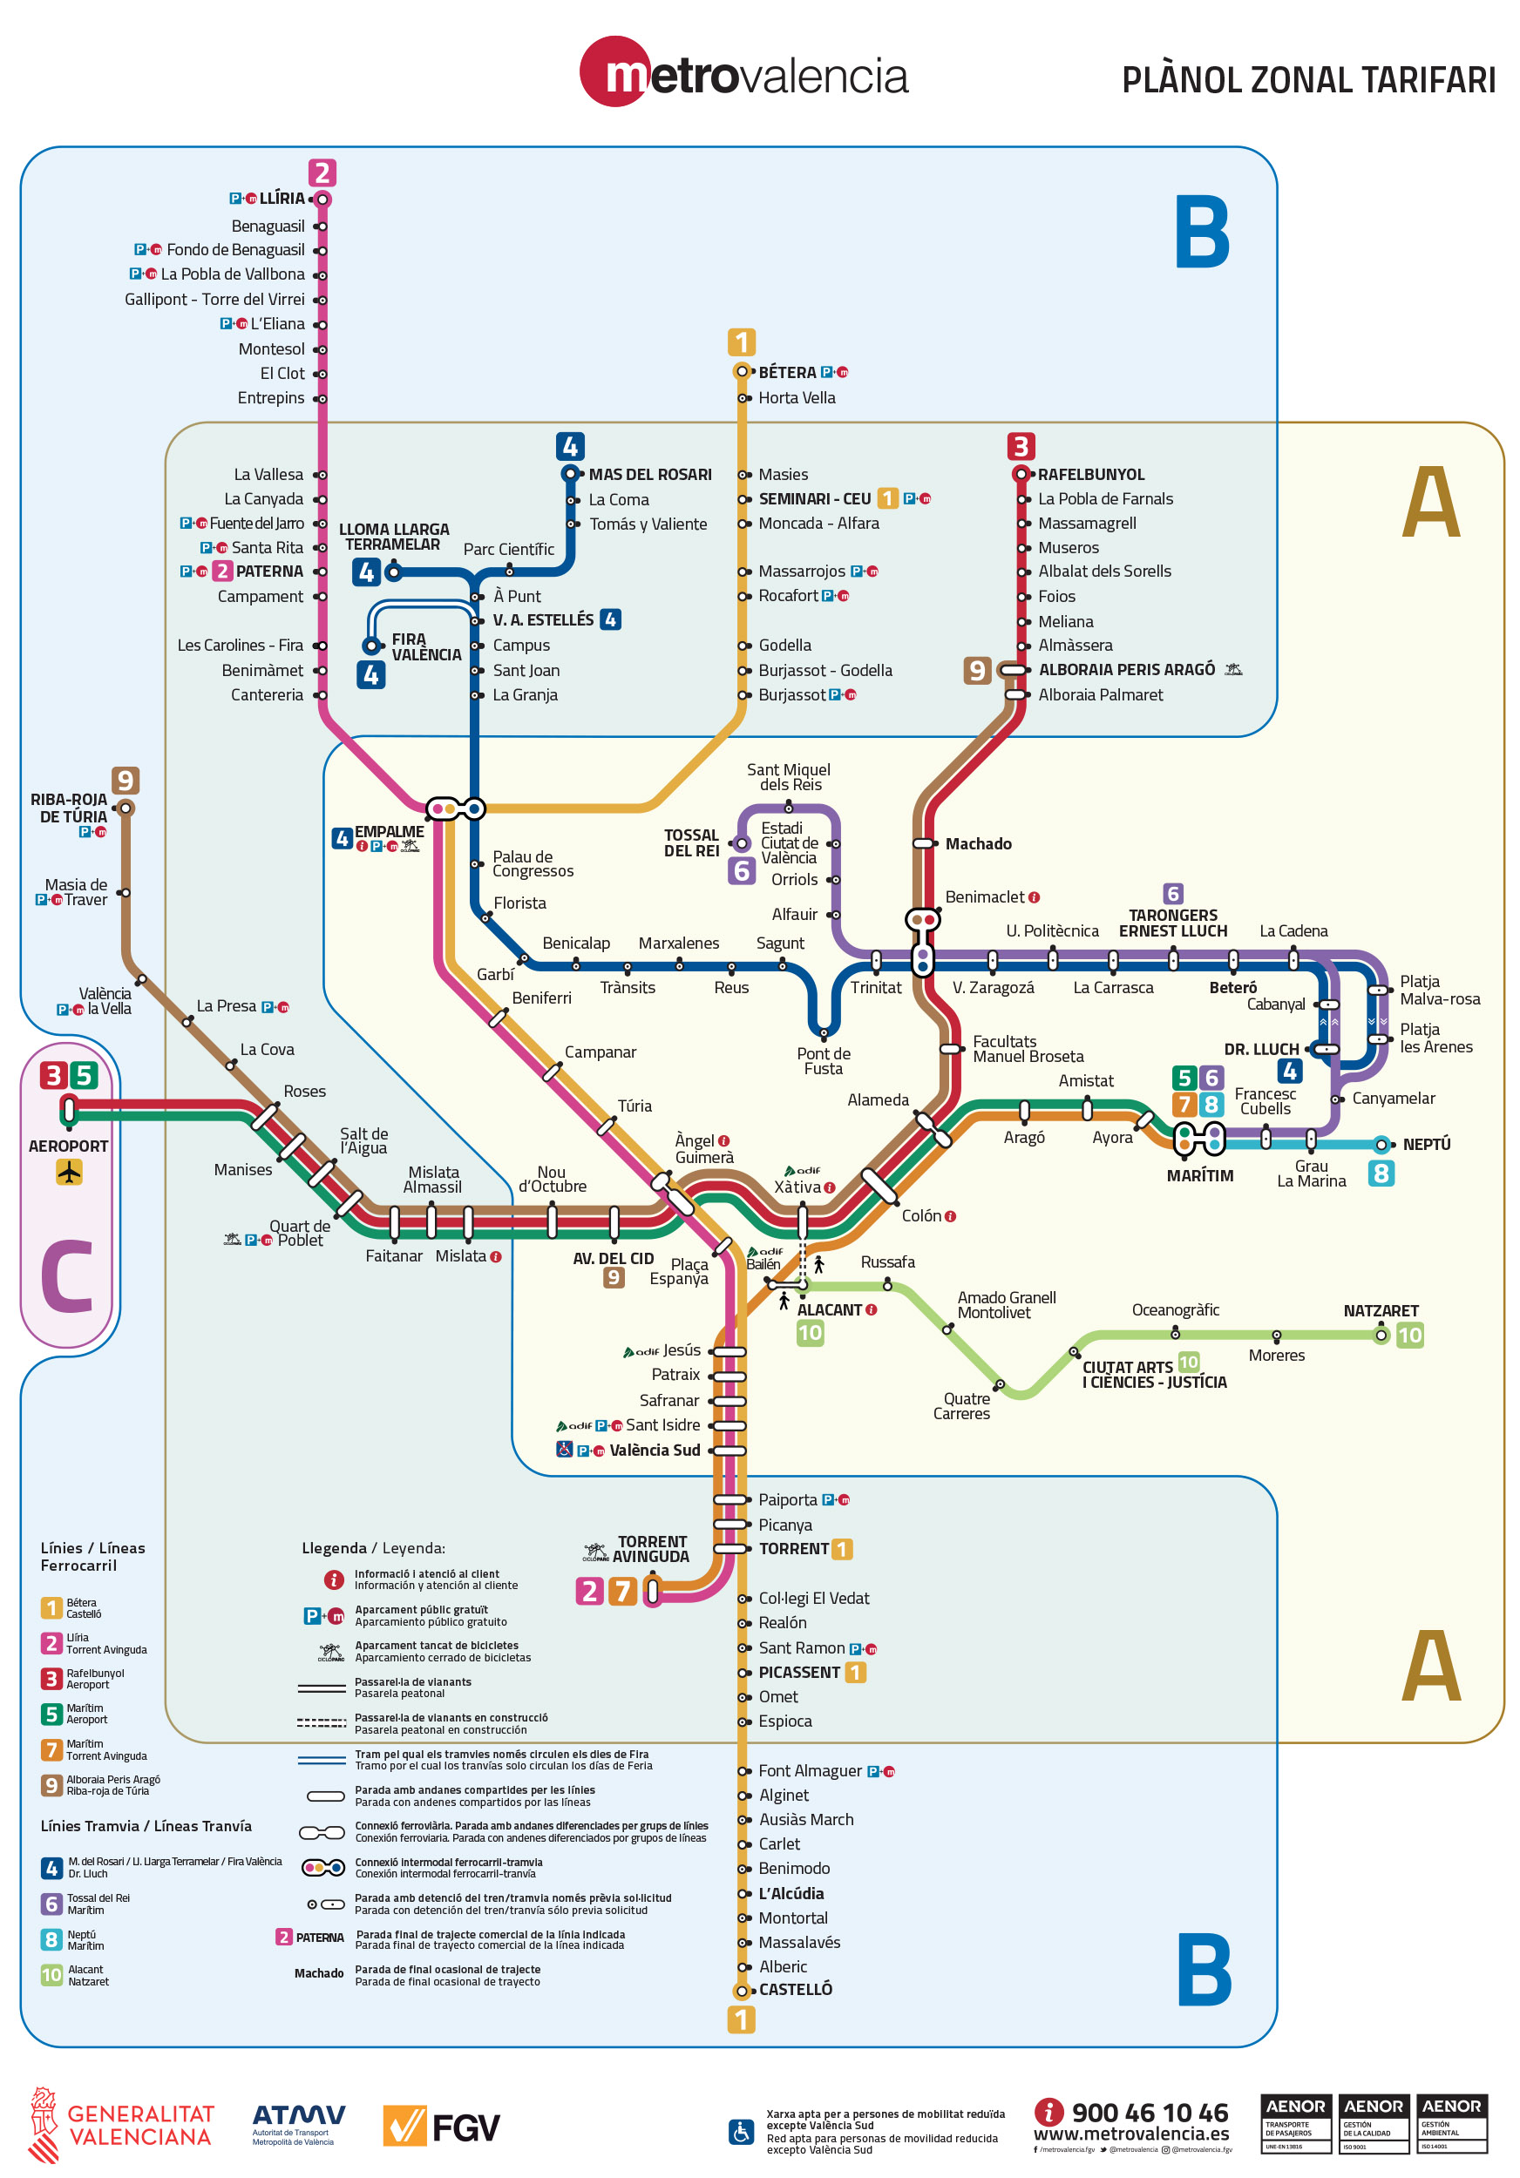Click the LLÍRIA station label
coord(282,199)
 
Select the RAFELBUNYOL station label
coord(1090,474)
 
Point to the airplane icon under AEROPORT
coord(69,1173)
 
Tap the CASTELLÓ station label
coord(795,1989)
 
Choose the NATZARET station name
coord(1380,1311)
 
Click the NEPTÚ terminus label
coord(1426,1144)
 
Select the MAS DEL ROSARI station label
coord(649,474)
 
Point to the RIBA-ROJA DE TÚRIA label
coord(68,808)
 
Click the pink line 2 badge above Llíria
coord(322,172)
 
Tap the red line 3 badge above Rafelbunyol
coord(1020,446)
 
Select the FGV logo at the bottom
coord(441,2127)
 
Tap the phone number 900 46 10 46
coord(1149,2113)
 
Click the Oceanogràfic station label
coord(1175,1310)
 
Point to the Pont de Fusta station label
coord(823,1060)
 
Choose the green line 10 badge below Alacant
coord(810,1333)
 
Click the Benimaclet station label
coord(984,897)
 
